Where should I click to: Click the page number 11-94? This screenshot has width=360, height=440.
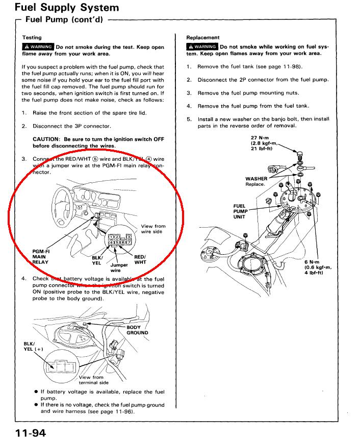coord(31,433)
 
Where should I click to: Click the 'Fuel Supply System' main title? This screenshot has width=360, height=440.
coord(67,8)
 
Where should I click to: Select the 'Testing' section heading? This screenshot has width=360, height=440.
coord(32,38)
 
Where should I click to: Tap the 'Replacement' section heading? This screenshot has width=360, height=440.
coord(203,38)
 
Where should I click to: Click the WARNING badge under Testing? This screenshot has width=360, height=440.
coord(38,47)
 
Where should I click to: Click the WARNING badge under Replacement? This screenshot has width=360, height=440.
coord(202,47)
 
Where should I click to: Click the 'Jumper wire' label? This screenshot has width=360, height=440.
coord(119,267)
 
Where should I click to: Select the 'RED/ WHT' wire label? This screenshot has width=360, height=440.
coord(140,259)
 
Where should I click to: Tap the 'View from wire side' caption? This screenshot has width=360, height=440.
coord(153,229)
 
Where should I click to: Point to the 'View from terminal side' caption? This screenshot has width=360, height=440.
coord(94,380)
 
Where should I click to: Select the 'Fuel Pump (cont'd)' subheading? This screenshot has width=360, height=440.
coord(64,20)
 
